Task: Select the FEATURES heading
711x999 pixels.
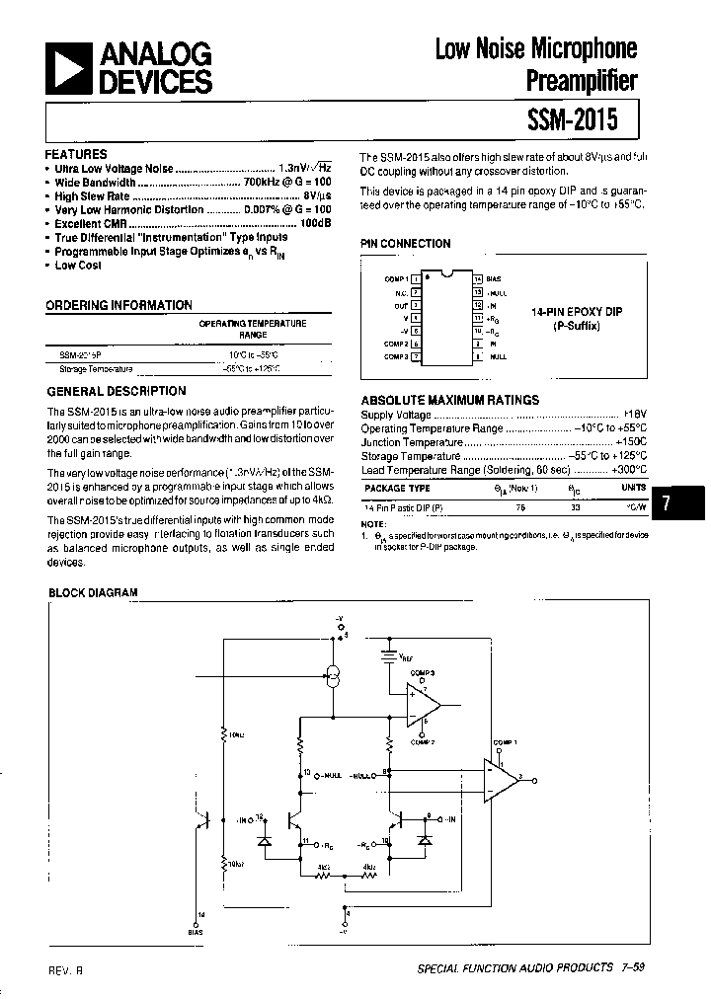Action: coord(76,155)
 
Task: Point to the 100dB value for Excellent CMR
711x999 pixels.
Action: coord(316,224)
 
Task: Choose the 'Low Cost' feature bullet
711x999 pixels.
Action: coord(78,266)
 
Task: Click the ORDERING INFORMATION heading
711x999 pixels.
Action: coord(118,306)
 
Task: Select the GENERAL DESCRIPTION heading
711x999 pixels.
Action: coord(116,392)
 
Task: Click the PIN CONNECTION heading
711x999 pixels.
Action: coord(405,244)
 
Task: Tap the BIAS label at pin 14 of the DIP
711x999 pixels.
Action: coord(494,279)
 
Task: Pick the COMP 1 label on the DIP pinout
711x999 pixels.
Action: coord(395,279)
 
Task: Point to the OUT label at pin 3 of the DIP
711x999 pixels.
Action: coord(401,305)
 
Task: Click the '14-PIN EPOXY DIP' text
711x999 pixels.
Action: coord(577,312)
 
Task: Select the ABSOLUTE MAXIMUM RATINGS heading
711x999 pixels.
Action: coord(450,400)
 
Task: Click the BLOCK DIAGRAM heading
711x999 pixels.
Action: coord(94,592)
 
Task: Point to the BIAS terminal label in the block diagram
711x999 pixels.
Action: coord(196,930)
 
